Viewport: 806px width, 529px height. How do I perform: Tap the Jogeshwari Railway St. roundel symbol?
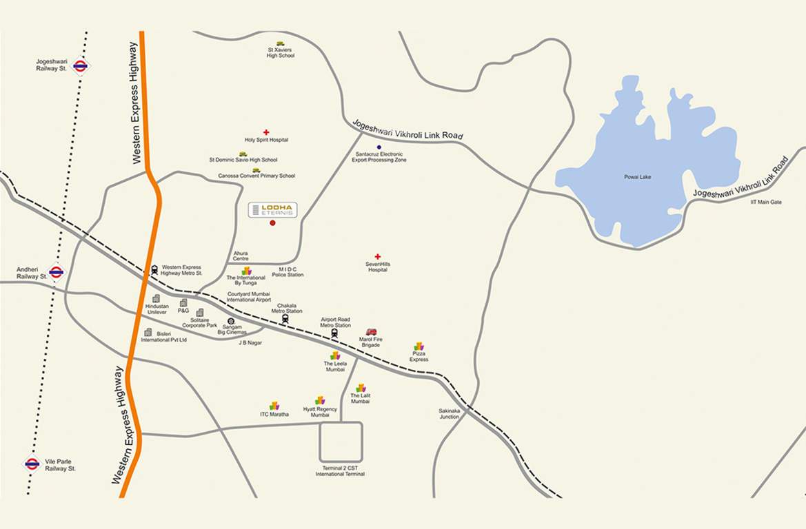pyautogui.click(x=81, y=66)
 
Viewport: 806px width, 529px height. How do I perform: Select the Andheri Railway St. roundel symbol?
pyautogui.click(x=57, y=272)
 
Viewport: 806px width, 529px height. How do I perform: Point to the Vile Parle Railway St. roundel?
pyautogui.click(x=32, y=464)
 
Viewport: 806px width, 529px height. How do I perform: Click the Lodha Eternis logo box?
pyautogui.click(x=272, y=210)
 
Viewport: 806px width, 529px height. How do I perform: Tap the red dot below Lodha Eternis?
pyautogui.click(x=272, y=223)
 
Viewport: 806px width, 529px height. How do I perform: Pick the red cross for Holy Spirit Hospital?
pyautogui.click(x=266, y=132)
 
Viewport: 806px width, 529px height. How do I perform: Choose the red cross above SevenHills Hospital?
pyautogui.click(x=377, y=257)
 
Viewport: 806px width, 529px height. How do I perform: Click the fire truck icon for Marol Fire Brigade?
pyautogui.click(x=371, y=332)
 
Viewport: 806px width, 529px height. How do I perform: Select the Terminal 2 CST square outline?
pyautogui.click(x=341, y=442)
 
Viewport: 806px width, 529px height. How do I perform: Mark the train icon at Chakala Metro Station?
pyautogui.click(x=285, y=318)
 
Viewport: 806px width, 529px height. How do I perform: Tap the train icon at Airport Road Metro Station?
pyautogui.click(x=334, y=333)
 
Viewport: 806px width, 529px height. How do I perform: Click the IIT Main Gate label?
pyautogui.click(x=766, y=202)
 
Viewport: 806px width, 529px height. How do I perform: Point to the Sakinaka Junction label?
pyautogui.click(x=449, y=414)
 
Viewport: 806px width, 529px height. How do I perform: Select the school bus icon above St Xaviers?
pyautogui.click(x=281, y=43)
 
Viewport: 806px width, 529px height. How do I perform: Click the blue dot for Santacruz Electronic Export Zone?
pyautogui.click(x=379, y=147)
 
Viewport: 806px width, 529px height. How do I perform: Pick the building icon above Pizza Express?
pyautogui.click(x=419, y=346)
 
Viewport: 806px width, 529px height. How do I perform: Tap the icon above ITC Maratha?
pyautogui.click(x=274, y=406)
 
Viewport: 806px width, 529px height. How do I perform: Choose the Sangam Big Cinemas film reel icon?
pyautogui.click(x=230, y=321)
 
